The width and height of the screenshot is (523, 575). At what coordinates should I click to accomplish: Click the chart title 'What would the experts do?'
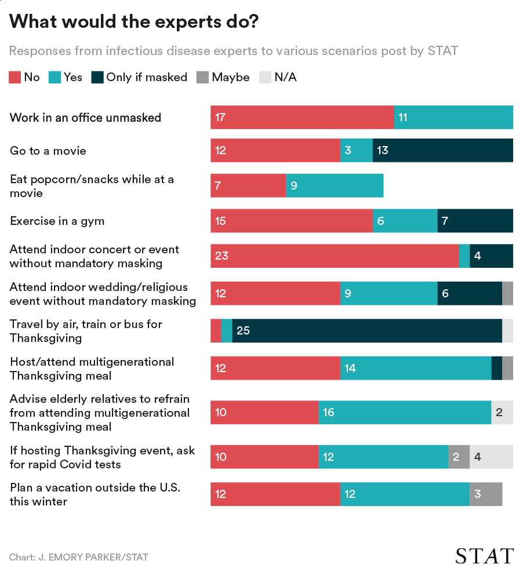pos(134,22)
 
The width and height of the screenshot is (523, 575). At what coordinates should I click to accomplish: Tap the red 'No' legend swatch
pos(15,77)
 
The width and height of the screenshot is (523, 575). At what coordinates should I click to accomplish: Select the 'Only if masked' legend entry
pos(139,77)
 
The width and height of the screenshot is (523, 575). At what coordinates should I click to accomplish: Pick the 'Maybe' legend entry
pos(223,77)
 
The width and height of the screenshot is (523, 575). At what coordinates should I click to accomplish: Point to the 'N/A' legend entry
pos(278,77)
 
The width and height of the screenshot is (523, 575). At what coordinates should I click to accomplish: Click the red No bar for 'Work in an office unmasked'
pos(302,118)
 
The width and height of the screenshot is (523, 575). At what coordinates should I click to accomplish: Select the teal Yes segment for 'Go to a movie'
pos(356,151)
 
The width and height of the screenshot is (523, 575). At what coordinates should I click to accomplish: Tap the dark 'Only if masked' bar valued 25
pos(366,331)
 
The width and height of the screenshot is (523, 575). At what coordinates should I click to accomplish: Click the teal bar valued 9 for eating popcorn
pos(335,186)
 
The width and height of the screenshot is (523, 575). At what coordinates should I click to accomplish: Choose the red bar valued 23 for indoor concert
pos(334,256)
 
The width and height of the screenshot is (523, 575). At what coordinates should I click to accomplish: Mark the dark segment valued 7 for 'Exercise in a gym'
pos(475,221)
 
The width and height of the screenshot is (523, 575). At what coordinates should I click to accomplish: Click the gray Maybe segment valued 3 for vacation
pos(485,494)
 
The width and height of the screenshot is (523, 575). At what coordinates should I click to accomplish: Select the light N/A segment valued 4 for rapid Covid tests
pos(491,457)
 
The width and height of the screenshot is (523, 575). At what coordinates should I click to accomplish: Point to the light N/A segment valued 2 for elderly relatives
pos(502,413)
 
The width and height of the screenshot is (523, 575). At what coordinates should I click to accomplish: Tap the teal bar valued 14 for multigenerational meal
pos(415,369)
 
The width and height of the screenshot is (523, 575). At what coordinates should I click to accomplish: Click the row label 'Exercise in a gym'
pos(57,221)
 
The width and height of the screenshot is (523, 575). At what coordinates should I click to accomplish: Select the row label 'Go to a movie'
pos(48,151)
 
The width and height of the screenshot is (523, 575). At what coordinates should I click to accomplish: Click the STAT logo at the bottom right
pos(484,556)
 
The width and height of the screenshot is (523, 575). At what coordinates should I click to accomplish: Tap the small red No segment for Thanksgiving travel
pos(216,331)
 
